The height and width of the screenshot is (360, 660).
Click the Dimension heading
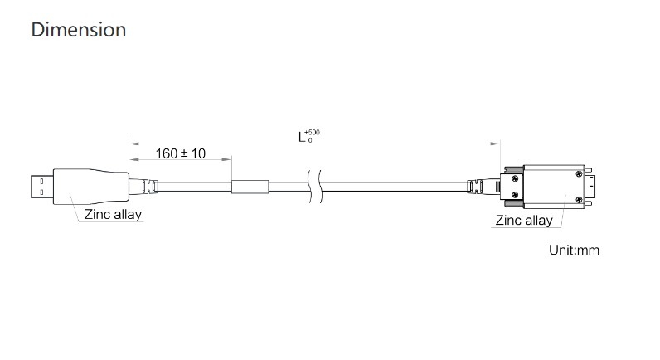[79, 30]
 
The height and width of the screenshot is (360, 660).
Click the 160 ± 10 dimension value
[181, 153]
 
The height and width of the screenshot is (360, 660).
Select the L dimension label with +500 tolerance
[308, 136]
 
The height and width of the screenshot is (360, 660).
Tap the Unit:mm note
[574, 251]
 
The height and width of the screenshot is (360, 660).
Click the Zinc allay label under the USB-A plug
[113, 214]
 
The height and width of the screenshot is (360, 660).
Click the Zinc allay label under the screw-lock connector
[524, 220]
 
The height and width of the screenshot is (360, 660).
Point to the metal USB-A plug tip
[42, 187]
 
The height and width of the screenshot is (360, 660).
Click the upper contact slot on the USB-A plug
[41, 181]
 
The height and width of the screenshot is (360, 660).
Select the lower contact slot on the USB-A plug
[41, 192]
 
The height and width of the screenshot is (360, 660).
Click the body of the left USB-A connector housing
[91, 187]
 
